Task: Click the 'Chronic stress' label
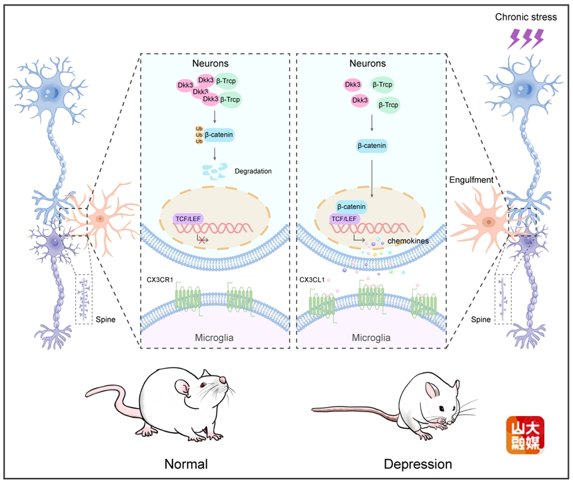526,17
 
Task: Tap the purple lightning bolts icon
525,40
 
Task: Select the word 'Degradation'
253,171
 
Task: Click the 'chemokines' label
408,242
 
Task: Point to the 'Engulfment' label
470,180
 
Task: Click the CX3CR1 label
160,279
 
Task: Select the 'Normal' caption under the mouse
186,463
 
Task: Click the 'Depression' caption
418,464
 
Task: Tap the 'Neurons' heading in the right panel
367,64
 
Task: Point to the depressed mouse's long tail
357,410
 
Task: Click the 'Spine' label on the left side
105,319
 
